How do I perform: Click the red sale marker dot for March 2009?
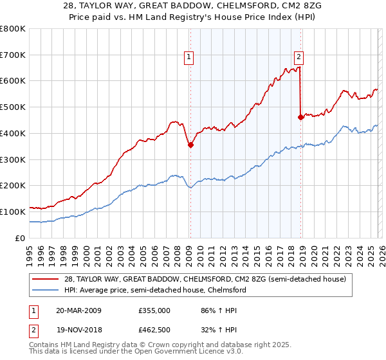190,145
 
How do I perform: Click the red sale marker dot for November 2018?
300,117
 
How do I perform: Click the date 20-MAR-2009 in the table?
78,310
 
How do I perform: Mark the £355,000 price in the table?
154,310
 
